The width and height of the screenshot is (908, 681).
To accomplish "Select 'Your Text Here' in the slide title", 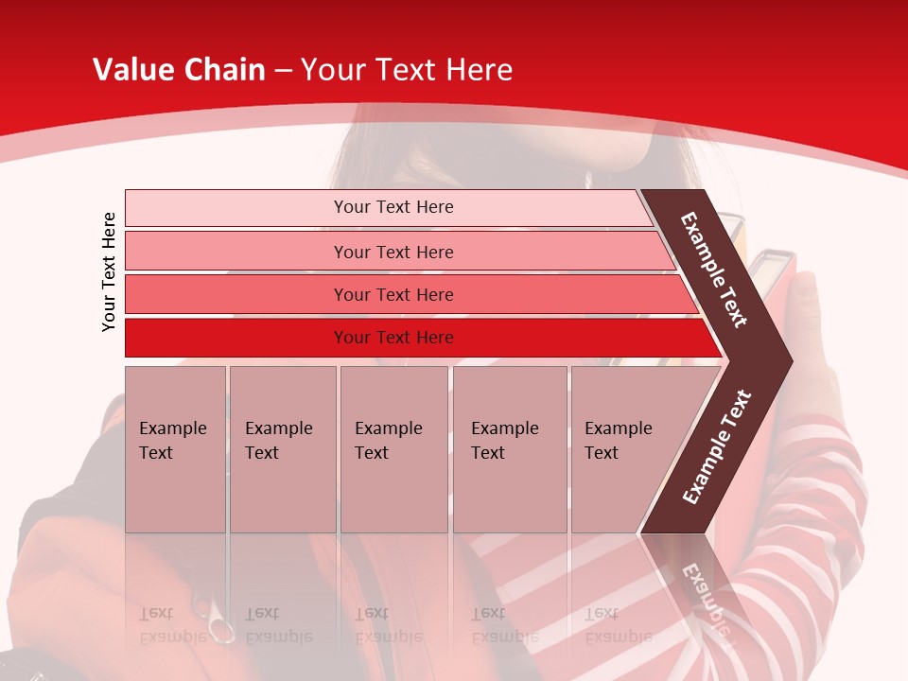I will [407, 69].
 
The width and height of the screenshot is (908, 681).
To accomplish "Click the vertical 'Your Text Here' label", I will [109, 271].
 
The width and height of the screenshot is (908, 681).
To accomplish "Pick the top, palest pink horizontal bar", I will [393, 207].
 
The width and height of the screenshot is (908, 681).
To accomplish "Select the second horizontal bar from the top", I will [393, 252].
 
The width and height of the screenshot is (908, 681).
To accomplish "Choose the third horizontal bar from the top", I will [393, 294].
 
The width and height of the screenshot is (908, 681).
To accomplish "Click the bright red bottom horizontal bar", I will [393, 338].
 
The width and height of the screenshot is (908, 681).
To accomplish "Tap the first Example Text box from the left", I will [175, 448].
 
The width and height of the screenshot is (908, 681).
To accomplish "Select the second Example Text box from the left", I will [282, 448].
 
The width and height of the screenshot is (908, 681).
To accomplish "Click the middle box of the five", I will [393, 448].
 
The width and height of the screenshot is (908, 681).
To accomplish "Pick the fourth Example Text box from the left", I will [509, 448].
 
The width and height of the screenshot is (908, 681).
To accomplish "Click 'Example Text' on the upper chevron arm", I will [714, 269].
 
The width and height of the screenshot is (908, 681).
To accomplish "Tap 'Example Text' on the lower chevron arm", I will [717, 446].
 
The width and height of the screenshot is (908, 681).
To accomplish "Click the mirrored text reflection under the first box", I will [173, 625].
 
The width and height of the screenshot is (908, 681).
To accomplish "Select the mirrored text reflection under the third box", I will [388, 625].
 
